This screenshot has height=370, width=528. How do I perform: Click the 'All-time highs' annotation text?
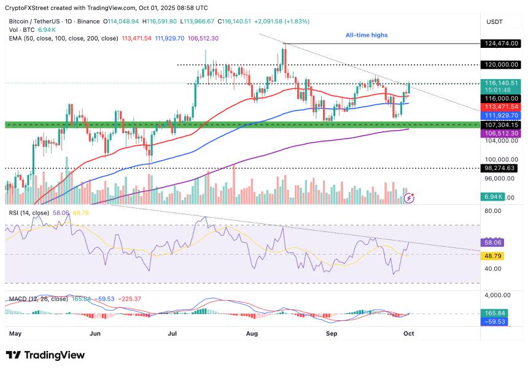(x=367, y=36)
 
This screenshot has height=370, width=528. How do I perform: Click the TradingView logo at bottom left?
(x=45, y=355)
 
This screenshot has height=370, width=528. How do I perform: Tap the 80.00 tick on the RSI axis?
(x=493, y=210)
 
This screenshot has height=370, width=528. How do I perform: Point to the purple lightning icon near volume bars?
(x=410, y=198)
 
